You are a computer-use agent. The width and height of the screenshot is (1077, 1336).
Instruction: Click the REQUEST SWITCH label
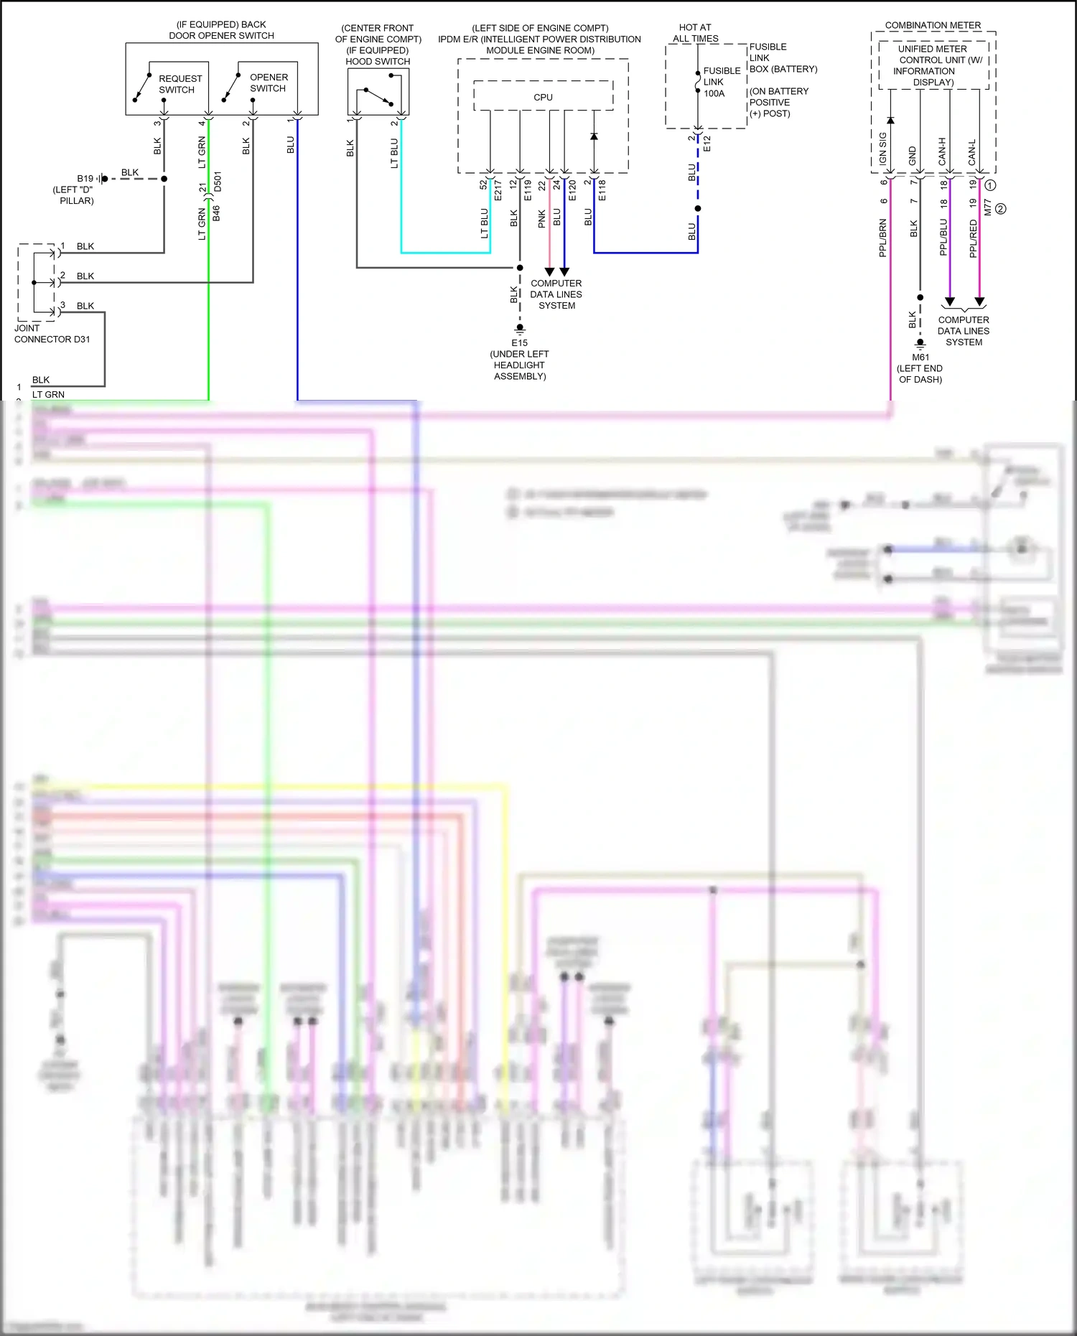tap(179, 84)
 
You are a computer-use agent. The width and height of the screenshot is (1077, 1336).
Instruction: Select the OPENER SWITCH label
tap(269, 83)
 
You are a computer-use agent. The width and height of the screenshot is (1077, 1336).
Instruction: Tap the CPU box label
tap(543, 98)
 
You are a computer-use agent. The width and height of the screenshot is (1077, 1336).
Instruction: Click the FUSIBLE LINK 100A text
tap(721, 82)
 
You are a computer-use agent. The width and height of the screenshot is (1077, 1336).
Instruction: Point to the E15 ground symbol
tap(520, 330)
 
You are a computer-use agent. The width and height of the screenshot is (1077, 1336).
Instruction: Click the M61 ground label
tap(920, 358)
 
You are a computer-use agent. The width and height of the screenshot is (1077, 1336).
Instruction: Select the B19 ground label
tap(85, 178)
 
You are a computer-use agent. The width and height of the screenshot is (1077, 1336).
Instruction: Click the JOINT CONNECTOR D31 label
tap(52, 334)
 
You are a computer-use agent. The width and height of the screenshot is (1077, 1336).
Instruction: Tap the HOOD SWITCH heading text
tap(378, 62)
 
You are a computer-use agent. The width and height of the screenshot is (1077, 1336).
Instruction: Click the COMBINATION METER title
tap(933, 25)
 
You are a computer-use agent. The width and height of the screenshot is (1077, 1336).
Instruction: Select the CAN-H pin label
tap(943, 151)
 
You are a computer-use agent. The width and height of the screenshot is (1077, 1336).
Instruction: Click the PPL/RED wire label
tap(973, 238)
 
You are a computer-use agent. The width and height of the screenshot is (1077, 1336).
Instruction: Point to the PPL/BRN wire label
tap(882, 238)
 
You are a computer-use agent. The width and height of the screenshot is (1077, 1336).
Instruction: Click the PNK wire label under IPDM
tap(542, 218)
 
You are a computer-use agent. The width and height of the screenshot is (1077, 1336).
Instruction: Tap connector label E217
tap(498, 190)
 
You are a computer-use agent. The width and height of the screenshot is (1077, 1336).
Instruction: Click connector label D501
tap(218, 182)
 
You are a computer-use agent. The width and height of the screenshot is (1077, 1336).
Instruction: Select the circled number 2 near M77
tap(1001, 209)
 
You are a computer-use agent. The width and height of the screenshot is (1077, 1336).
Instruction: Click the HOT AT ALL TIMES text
tap(695, 33)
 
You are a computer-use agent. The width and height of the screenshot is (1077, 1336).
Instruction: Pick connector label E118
tap(602, 190)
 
